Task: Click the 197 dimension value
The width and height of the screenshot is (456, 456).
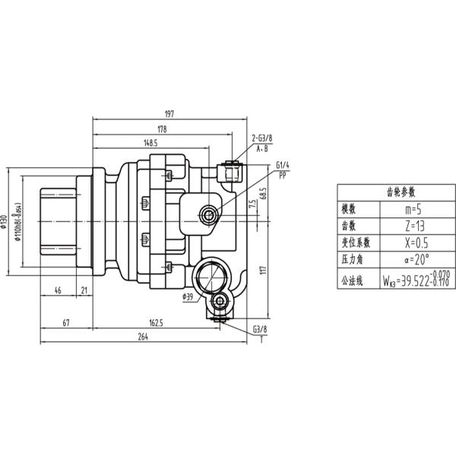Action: (x=169, y=114)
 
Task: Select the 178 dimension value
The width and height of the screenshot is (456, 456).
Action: (x=161, y=128)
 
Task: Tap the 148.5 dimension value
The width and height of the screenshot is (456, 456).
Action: (x=149, y=142)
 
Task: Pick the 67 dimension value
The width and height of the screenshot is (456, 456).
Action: (x=66, y=323)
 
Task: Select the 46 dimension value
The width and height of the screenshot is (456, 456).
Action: (x=59, y=290)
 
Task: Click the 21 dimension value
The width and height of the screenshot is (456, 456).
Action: (x=84, y=290)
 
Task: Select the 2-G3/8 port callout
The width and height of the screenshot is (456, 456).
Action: (x=261, y=138)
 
